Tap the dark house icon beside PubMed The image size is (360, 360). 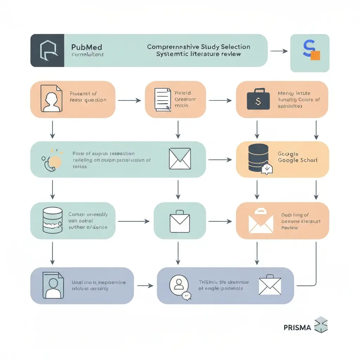47,50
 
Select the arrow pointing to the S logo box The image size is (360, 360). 279,51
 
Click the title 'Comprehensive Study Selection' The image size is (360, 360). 198,47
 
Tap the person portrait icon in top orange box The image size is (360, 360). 51,98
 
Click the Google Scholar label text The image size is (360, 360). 297,160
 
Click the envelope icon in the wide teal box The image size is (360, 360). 180,159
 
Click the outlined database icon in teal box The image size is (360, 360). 52,220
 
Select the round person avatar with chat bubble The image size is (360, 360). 178,285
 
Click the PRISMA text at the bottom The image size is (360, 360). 297,328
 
